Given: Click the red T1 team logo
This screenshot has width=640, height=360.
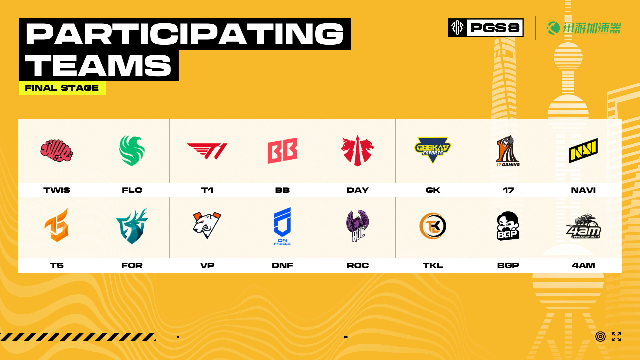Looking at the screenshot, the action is (207, 151).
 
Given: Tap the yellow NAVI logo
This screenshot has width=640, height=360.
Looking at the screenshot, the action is (583, 151).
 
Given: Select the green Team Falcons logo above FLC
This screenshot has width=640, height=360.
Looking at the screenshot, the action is (132, 150).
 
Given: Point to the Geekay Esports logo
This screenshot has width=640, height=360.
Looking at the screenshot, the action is (433, 150).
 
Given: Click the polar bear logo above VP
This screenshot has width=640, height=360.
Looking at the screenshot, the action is (207, 225).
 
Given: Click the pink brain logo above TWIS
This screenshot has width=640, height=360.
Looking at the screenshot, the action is (57, 151).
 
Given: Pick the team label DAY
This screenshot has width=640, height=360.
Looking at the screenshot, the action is (358, 190).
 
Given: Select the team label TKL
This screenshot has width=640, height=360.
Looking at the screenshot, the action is (433, 265).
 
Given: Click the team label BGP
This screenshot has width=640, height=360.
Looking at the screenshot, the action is (508, 265).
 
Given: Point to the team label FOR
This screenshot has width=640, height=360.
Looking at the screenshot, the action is (132, 265).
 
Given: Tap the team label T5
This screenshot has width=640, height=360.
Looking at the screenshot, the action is (57, 265).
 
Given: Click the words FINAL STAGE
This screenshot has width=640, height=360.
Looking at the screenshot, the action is (62, 88).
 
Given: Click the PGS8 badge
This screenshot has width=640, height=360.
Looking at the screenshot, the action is (486, 28).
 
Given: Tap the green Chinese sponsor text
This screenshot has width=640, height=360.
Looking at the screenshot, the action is (592, 28).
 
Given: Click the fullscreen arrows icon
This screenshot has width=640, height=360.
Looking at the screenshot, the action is (616, 337).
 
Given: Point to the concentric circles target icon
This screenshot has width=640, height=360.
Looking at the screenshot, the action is (600, 337).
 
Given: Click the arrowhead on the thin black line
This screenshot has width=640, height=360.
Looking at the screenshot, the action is (347, 337).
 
